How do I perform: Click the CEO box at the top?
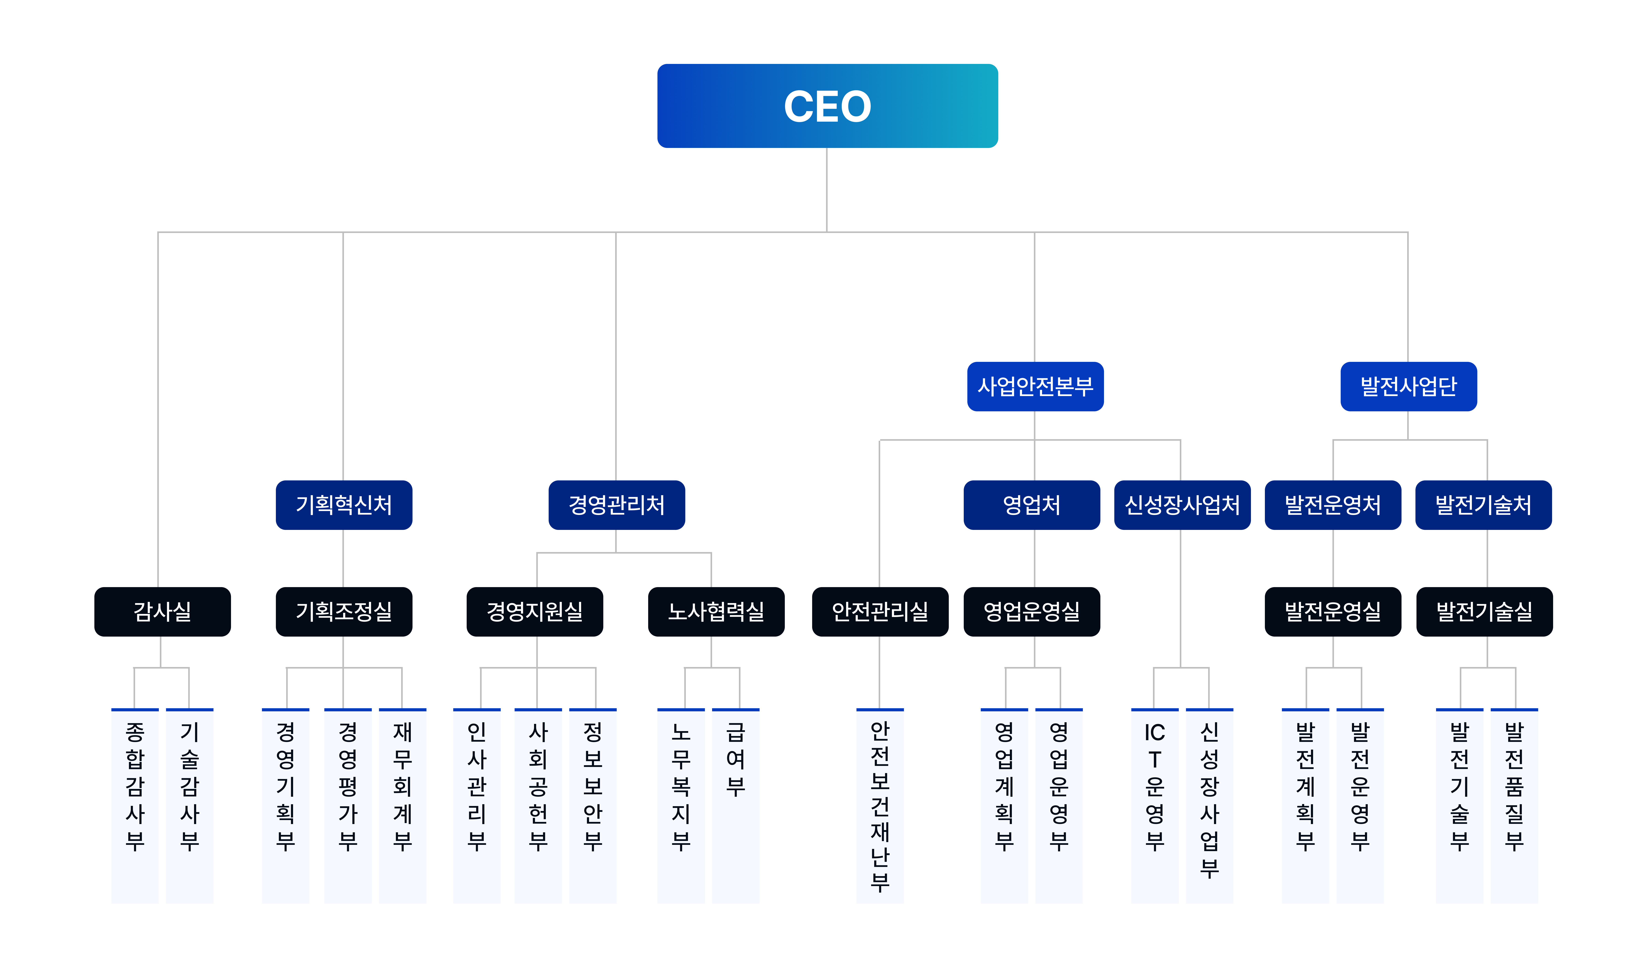(827, 106)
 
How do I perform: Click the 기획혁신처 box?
(344, 505)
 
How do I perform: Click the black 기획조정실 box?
(344, 611)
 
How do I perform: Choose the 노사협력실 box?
(716, 611)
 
